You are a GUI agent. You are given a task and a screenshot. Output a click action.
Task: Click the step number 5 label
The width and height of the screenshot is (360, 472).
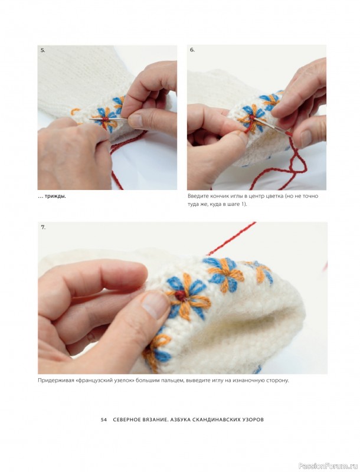42,51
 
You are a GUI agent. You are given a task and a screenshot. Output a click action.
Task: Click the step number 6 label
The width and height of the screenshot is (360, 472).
192,50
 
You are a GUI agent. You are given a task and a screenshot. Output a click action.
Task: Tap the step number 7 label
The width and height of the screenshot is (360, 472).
43,227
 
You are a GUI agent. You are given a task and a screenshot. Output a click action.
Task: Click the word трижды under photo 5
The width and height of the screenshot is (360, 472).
55,196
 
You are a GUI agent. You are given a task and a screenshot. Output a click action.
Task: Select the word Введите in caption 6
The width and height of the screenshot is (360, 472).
197,196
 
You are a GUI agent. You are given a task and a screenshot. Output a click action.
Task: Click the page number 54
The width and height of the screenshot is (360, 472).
104,419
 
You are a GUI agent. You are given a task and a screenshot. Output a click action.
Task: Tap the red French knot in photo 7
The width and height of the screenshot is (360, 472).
181,296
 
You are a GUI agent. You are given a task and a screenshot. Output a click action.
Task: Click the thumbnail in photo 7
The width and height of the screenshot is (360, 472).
155,305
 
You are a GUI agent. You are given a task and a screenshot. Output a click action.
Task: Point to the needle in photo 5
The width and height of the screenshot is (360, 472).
109,119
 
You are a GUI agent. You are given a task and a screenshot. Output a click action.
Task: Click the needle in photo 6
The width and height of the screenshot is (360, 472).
270,125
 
